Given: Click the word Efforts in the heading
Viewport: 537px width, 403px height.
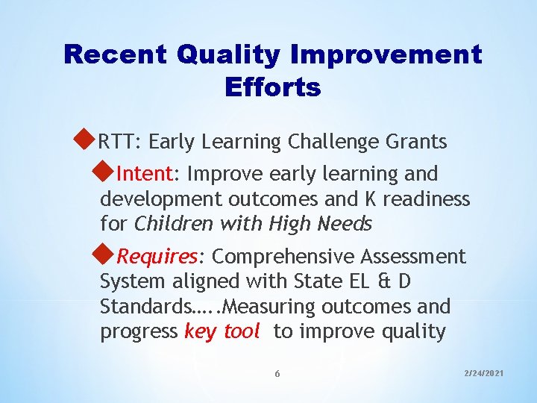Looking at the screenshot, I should coord(272,87).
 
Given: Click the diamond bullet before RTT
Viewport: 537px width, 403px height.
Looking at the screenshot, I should coord(87,139).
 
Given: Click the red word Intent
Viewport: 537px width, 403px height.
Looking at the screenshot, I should coord(145,175).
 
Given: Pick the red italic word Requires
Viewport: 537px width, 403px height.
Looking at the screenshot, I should coord(157,257).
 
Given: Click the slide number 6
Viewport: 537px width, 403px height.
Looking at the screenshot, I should coord(277,373).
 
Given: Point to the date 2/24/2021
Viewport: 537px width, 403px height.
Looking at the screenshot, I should coord(483,371).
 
